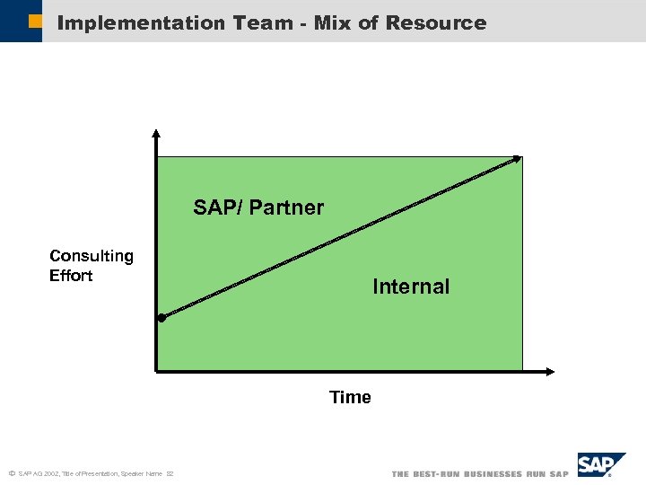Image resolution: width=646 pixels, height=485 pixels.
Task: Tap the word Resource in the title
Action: tap(435, 23)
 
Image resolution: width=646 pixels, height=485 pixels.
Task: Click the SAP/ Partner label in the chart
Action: tap(258, 207)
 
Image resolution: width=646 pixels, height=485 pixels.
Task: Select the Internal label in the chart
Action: tap(411, 287)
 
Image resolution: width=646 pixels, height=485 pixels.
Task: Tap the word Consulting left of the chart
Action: tap(92, 256)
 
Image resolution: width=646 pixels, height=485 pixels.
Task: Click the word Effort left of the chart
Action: tap(71, 276)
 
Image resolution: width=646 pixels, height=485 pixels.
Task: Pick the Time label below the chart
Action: tap(350, 397)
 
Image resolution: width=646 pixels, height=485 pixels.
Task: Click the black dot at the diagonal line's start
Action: tap(161, 318)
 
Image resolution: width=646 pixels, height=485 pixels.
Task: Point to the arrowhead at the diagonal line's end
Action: tap(517, 159)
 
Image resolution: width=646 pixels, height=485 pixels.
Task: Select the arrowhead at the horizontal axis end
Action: tap(549, 370)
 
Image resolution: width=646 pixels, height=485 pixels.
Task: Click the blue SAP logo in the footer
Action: tap(598, 464)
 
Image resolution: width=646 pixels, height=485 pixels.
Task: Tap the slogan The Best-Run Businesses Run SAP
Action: tap(480, 474)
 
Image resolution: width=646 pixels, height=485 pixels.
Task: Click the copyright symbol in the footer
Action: tap(11, 473)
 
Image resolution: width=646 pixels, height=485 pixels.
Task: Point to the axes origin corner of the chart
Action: tap(156, 370)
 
